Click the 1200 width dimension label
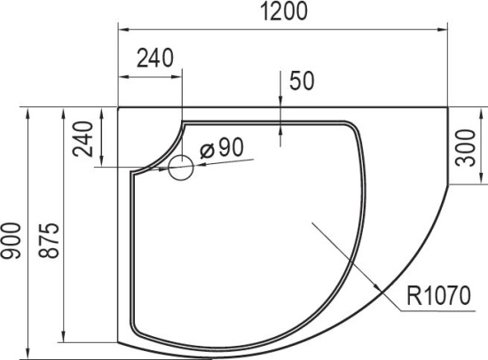[283, 12]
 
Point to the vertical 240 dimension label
[83, 138]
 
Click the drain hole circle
[181, 168]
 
